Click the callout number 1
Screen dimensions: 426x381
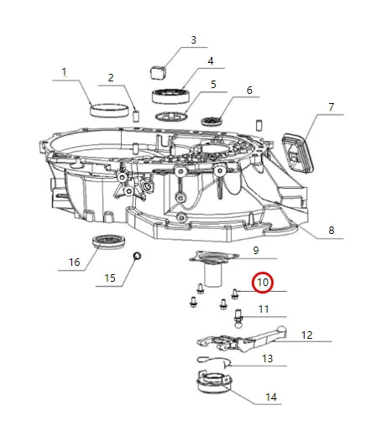64,73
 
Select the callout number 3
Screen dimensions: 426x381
194,39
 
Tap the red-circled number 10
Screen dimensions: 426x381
263,283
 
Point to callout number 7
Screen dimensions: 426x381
331,106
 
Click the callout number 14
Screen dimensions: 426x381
270,397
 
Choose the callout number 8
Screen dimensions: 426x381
331,230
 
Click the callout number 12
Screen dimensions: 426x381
306,335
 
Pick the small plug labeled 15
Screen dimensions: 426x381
138,256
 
